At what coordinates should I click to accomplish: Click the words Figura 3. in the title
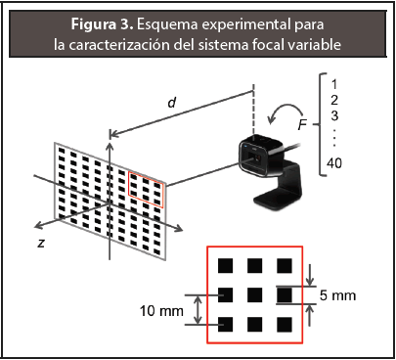click(x=102, y=24)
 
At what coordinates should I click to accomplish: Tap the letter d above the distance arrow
click(x=172, y=103)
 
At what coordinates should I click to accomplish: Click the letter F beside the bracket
click(x=303, y=124)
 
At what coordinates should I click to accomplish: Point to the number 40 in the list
click(x=334, y=162)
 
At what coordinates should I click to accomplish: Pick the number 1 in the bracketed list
click(x=333, y=84)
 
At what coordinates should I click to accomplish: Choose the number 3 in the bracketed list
click(x=334, y=115)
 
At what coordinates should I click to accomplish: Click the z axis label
click(x=41, y=243)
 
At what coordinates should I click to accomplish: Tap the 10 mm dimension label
click(x=161, y=311)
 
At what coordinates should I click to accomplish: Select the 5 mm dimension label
click(x=337, y=295)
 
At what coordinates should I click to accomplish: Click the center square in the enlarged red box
click(x=255, y=295)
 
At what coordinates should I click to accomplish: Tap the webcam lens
click(x=256, y=157)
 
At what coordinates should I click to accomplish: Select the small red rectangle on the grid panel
click(x=146, y=190)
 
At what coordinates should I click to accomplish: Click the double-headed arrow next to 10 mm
click(x=198, y=310)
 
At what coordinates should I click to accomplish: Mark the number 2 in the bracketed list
click(x=334, y=100)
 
